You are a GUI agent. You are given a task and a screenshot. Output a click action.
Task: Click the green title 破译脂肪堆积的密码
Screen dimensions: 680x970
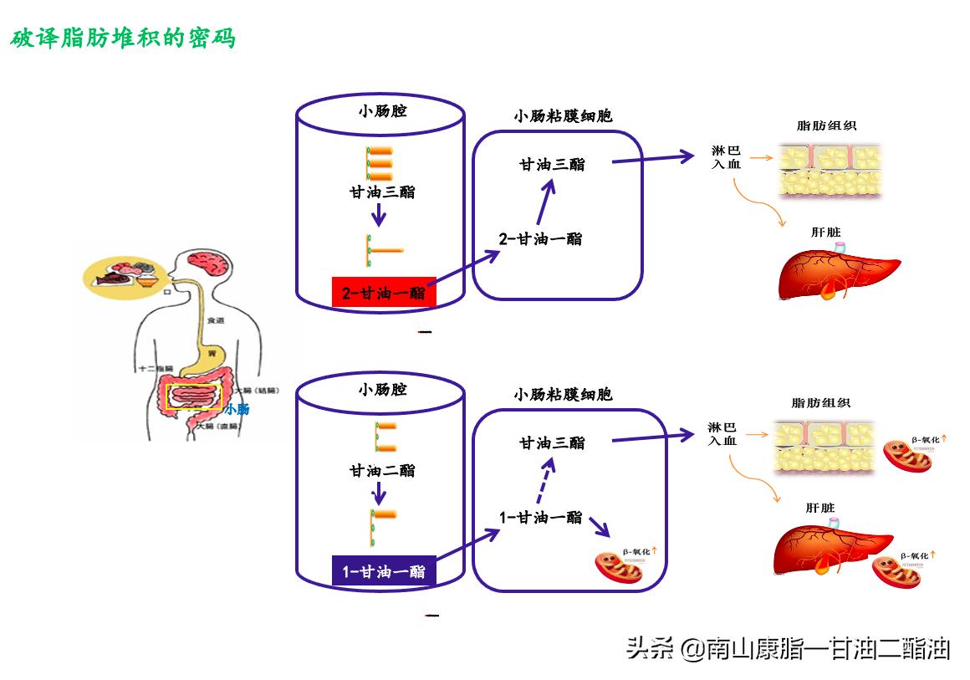(x=123, y=38)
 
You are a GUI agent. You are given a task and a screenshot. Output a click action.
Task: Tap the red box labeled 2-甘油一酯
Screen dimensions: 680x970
(x=383, y=293)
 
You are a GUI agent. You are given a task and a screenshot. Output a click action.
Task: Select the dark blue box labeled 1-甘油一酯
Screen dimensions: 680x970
(x=383, y=571)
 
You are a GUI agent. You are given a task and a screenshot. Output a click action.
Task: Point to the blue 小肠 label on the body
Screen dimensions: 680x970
(x=237, y=409)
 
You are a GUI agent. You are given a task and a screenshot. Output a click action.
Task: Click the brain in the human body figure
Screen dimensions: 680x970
(x=207, y=265)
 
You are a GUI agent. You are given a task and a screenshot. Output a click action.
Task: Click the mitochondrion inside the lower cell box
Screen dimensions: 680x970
(x=620, y=568)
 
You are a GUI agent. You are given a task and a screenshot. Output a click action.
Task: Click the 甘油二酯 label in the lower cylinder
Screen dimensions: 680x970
(x=382, y=471)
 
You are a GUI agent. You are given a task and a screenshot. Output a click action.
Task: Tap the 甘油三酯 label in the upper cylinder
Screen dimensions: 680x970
(x=382, y=192)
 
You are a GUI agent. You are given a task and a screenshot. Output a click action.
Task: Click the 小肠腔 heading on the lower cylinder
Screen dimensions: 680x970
(x=382, y=390)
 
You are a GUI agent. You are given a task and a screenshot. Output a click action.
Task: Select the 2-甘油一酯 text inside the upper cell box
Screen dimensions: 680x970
(x=540, y=239)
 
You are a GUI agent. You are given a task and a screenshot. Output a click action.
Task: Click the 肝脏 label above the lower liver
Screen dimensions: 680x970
(x=820, y=508)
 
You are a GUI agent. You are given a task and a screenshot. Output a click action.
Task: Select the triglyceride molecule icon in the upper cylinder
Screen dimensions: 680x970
(x=380, y=164)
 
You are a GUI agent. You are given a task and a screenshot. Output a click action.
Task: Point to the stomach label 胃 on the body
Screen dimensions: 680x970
(x=212, y=354)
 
